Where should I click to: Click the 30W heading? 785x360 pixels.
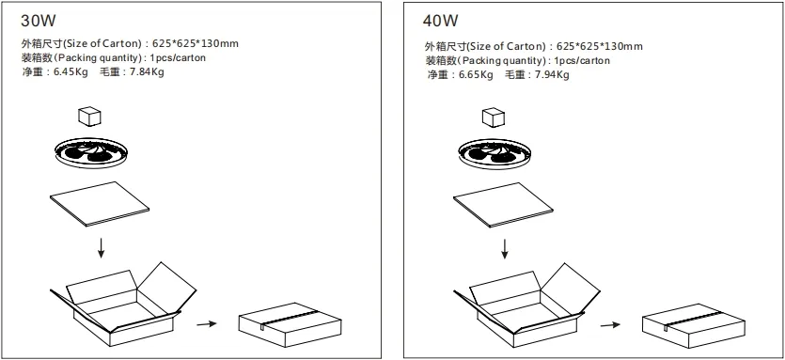pos(37,19)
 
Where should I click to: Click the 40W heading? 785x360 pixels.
pos(440,19)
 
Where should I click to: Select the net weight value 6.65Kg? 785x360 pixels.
pos(476,74)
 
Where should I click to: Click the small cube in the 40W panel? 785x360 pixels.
pos(493,117)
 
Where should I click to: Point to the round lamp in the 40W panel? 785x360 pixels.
pos(495,152)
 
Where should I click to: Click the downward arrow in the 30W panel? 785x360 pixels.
pos(102,249)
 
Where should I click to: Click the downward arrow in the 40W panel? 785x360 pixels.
pos(506,248)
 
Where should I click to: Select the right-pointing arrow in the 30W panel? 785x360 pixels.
pos(207,324)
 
